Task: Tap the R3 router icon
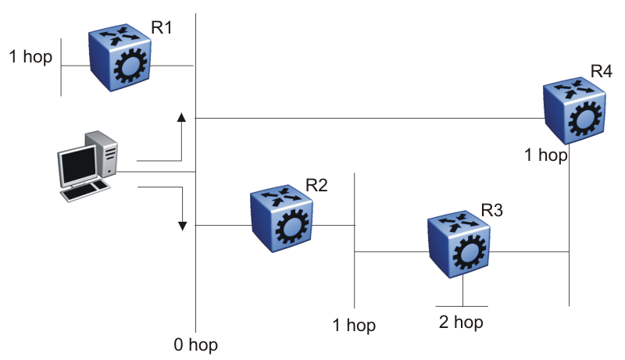(459, 245)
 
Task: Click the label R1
(161, 27)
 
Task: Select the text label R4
(601, 71)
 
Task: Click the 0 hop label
(197, 344)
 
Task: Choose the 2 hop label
(462, 322)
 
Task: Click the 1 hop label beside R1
(30, 56)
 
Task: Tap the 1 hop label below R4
(545, 155)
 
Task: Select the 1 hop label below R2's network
(354, 324)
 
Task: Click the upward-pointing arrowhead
(181, 117)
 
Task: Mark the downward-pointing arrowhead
(182, 226)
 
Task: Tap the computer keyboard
(85, 190)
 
